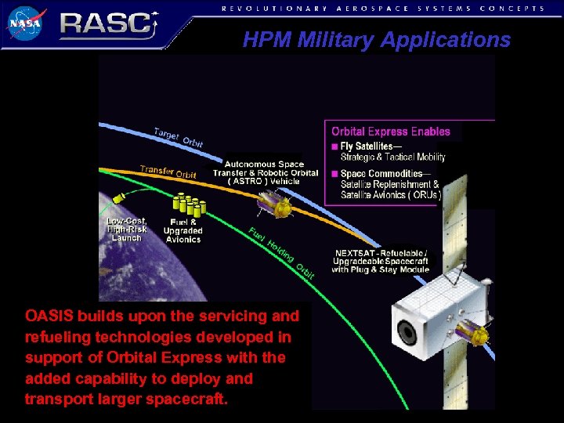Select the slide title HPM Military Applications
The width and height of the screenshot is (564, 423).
coord(376,40)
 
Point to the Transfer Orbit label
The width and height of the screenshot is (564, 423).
coord(168,172)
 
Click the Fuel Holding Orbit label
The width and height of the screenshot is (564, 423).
coord(282,252)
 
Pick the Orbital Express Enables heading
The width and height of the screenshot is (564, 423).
coord(391,132)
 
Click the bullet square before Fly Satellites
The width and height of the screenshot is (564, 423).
coord(335,146)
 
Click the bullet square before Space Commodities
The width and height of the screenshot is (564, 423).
coord(335,174)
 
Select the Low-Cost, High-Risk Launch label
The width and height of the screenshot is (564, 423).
coord(126,230)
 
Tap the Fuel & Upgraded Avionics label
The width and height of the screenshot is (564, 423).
coord(183,230)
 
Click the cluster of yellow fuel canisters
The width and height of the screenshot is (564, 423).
coord(189,205)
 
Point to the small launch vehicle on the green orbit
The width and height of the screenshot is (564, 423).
coord(121,197)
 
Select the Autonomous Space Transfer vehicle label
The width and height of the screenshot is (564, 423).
coord(266,172)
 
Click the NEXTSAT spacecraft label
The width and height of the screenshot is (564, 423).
coord(381,262)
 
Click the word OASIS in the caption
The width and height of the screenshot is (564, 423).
coord(48,316)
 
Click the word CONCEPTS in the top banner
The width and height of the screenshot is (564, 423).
coord(513,8)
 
